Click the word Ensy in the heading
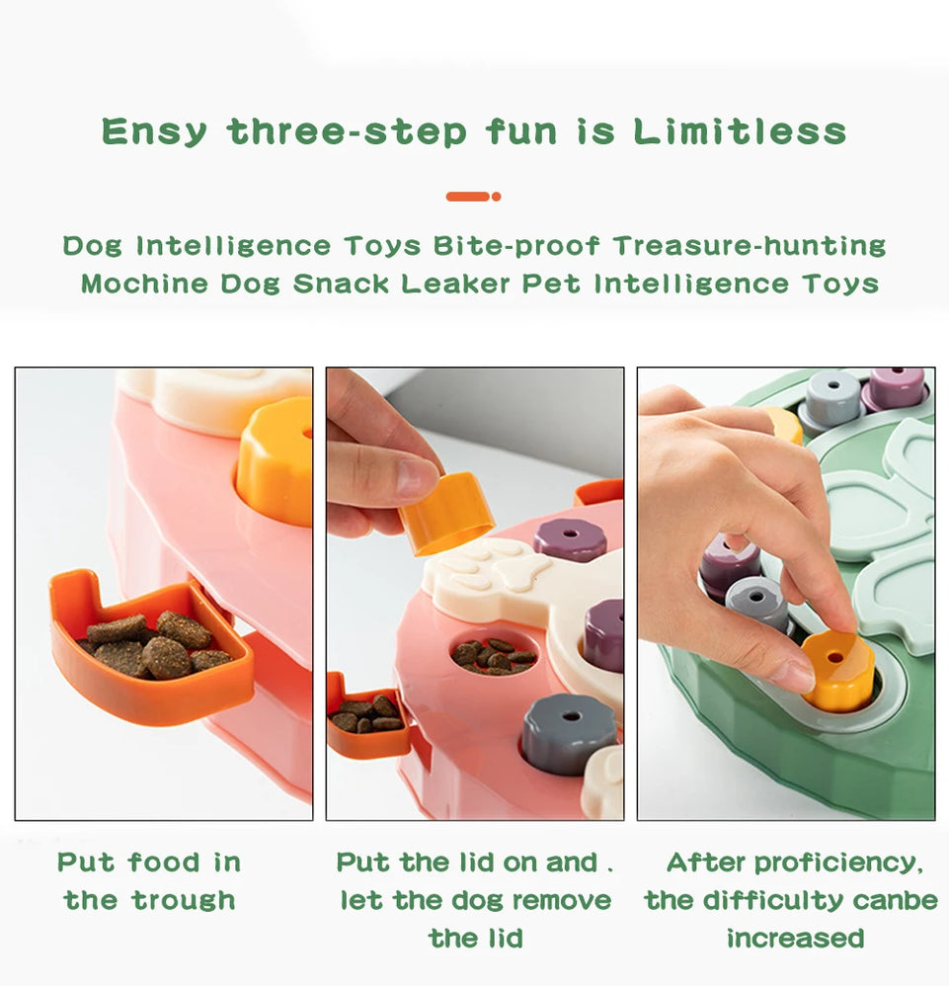tap(154, 132)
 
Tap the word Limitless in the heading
tap(740, 131)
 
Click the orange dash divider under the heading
tap(473, 197)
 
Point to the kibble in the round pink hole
tap(492, 656)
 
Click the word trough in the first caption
tap(185, 901)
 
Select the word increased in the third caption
tap(795, 939)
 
